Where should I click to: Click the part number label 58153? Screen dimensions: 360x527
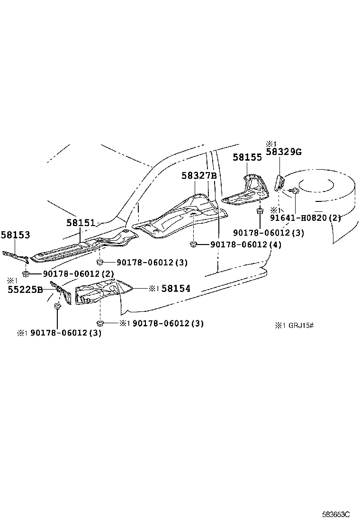coord(15,235)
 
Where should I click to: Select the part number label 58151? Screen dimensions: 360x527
coord(81,223)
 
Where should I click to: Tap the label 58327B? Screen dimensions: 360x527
coord(199,175)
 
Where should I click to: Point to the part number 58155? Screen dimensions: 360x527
coord(247,157)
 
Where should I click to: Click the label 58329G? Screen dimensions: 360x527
coord(284,152)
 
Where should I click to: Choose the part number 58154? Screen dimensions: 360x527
coord(176,288)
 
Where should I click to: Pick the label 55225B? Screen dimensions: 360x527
coord(25,290)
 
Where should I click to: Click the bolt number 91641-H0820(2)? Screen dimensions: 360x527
coord(305,218)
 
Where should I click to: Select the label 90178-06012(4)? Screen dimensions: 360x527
coord(246,245)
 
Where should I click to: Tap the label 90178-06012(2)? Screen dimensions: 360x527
coord(78,274)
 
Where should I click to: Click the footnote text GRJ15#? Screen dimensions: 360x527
coord(301,325)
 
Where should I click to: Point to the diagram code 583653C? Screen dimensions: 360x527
coord(336,515)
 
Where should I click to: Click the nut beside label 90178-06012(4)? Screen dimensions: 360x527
coord(193,245)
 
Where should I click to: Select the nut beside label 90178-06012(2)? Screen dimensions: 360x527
coord(26,273)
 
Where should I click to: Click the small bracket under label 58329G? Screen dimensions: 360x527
coord(279,182)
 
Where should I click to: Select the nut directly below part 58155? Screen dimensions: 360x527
coord(260,211)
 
